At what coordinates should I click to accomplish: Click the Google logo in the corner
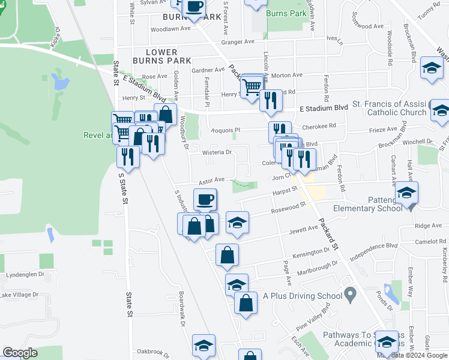(x=19, y=353)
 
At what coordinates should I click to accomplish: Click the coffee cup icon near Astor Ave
(x=204, y=199)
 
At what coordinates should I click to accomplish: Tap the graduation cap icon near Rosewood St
(x=238, y=223)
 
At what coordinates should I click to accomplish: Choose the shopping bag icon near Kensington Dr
(x=228, y=255)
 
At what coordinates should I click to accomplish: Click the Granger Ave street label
(x=238, y=42)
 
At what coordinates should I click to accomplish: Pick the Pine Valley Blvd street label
(x=313, y=316)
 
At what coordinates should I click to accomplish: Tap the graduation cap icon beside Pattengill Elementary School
(x=406, y=192)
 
